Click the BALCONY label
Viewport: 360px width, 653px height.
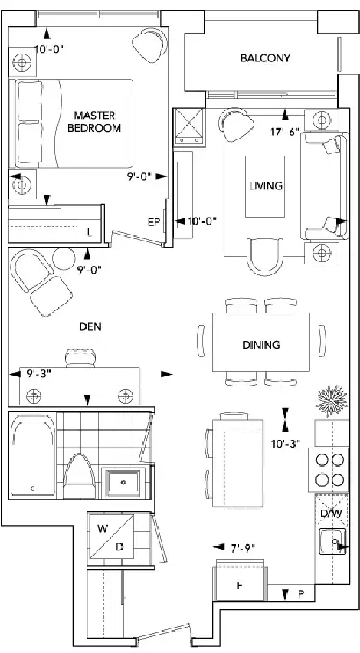pyautogui.click(x=265, y=58)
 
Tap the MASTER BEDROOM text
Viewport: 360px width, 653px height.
pyautogui.click(x=94, y=121)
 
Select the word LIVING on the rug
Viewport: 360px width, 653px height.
pyautogui.click(x=266, y=185)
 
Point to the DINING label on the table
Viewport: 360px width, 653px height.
pyautogui.click(x=261, y=345)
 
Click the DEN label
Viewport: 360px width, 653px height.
pyautogui.click(x=90, y=327)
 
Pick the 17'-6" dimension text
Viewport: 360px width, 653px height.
pyautogui.click(x=285, y=132)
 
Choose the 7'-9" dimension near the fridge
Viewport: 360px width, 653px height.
pyautogui.click(x=242, y=548)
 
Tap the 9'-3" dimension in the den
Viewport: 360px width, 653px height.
pyautogui.click(x=39, y=373)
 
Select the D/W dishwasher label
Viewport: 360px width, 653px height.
pyautogui.click(x=331, y=513)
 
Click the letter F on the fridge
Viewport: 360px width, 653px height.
pyautogui.click(x=239, y=586)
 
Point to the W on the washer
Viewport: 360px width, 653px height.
pyautogui.click(x=103, y=529)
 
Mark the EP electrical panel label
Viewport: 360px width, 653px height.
pyautogui.click(x=154, y=222)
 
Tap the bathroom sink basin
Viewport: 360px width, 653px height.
pyautogui.click(x=123, y=482)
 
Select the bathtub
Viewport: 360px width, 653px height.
pyautogui.click(x=33, y=458)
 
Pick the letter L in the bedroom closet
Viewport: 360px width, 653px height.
pyautogui.click(x=90, y=233)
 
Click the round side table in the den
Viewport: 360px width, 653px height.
pyautogui.click(x=64, y=258)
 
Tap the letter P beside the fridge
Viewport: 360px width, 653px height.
pyautogui.click(x=300, y=595)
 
